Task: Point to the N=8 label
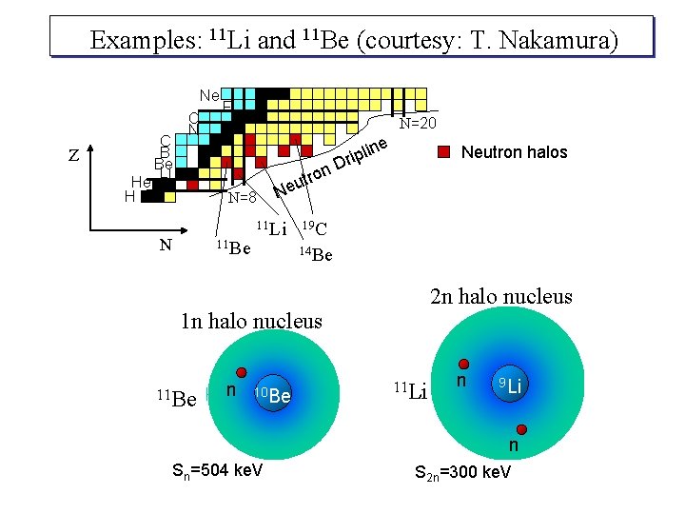click(243, 198)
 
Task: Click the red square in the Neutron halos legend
click(446, 152)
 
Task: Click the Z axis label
click(74, 158)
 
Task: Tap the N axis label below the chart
click(166, 245)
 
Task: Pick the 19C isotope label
click(314, 228)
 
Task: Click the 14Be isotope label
click(315, 254)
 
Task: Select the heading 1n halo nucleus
click(251, 321)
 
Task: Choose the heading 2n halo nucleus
click(501, 296)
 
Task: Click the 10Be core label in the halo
click(272, 394)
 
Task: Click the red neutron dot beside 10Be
click(242, 372)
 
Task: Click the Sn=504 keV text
click(217, 471)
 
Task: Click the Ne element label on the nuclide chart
click(209, 95)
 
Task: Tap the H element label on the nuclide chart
click(129, 196)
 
